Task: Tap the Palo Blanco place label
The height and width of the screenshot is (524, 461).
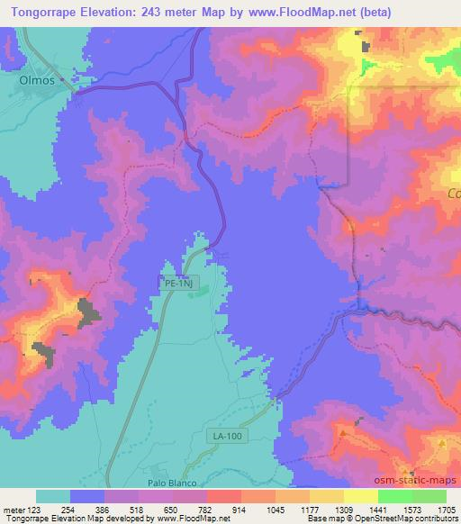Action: click(x=172, y=483)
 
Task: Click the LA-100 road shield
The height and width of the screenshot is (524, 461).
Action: click(x=229, y=436)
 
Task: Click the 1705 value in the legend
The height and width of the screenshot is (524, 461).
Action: click(x=446, y=509)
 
